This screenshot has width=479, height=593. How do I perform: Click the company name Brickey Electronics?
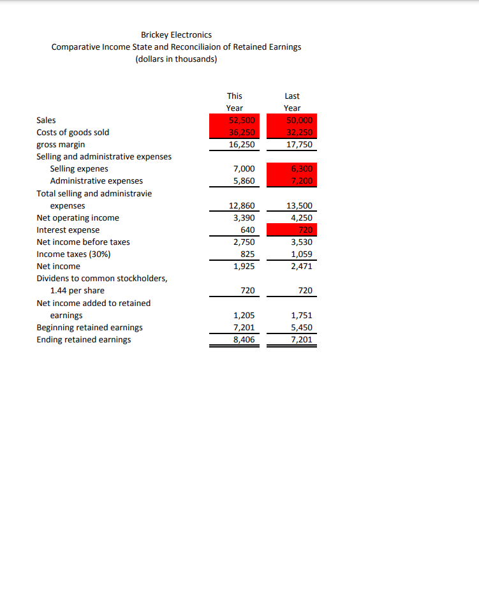click(x=176, y=34)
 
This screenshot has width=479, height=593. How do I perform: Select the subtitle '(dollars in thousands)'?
click(x=176, y=59)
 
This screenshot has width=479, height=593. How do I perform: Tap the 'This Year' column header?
click(x=234, y=102)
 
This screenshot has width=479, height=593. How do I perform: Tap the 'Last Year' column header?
click(x=292, y=102)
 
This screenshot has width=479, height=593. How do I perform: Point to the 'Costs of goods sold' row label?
click(x=73, y=133)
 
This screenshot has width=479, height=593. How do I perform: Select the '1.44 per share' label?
click(x=77, y=291)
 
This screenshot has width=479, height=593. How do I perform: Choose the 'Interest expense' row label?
click(x=68, y=230)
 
